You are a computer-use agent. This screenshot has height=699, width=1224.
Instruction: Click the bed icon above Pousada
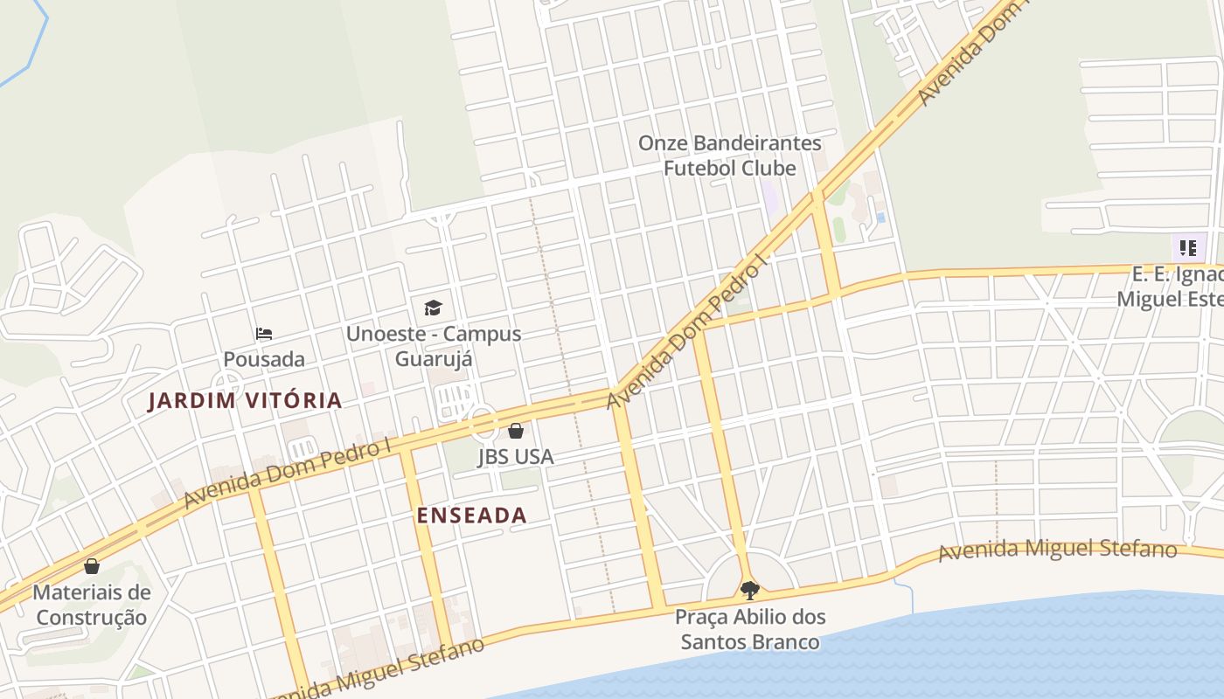coord(264,334)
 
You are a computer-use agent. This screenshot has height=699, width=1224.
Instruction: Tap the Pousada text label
coord(264,359)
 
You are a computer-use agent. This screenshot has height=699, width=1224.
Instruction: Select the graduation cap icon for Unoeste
coord(433,308)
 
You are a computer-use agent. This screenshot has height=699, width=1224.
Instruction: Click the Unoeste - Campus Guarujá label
coord(434,346)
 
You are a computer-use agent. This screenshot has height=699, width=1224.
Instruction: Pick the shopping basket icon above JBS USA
coord(516,431)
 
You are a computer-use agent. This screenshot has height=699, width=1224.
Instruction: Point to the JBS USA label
coord(516,456)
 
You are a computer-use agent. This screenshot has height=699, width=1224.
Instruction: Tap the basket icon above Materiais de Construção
coord(92,566)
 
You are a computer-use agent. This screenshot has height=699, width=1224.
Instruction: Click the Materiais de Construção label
coord(92,605)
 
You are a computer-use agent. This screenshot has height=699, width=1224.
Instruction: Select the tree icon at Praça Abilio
coord(749,591)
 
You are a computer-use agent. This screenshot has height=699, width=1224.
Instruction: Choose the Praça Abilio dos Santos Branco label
coord(750,629)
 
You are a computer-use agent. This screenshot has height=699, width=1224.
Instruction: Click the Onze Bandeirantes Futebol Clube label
coord(730,156)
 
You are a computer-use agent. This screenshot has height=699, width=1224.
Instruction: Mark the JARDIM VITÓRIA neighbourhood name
coord(245,401)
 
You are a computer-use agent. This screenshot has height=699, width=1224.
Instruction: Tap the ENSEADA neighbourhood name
coord(472,516)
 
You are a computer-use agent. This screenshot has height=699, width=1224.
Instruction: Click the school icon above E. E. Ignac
coord(1187,248)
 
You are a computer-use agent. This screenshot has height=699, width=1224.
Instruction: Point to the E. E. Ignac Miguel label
coord(1172,287)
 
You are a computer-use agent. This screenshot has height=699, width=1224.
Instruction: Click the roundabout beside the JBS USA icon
coord(483,424)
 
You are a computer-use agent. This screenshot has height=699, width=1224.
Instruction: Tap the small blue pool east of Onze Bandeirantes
coord(880,217)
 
